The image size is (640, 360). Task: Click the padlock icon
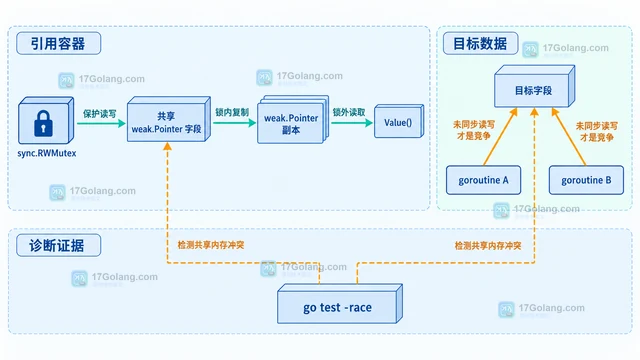43,123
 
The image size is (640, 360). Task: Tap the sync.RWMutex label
47,153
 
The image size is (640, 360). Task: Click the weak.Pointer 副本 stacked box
293,119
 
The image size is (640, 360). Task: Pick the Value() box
399,121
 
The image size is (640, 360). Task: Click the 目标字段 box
534,87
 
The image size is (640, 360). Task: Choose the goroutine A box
483,180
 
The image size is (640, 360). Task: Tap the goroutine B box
586,180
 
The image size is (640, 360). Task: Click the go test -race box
340,304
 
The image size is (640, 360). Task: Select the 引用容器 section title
58,43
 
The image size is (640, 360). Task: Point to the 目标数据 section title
480,43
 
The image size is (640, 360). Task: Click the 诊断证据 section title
57,245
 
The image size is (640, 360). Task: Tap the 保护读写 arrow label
100,113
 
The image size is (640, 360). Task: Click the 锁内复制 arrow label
232,112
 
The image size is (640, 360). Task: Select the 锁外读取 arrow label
349,112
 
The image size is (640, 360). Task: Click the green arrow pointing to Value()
352,122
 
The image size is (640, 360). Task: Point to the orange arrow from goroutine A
500,137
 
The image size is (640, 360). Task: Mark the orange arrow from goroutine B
569,137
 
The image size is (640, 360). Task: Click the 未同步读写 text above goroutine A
474,124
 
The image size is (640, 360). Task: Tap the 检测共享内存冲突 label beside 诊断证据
211,245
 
